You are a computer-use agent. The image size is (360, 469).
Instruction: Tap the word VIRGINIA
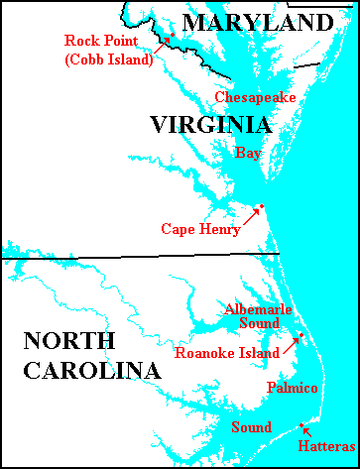coord(210,125)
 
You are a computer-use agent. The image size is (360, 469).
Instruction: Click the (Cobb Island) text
coord(109,59)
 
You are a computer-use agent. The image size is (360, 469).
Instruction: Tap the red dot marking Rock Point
coord(171,37)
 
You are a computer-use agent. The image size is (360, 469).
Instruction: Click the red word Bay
coord(248,152)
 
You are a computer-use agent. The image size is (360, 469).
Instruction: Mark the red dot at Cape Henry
coord(261,207)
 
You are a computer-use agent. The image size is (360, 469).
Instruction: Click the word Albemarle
coord(258,309)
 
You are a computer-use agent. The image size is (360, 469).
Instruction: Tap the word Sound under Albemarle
coord(260,323)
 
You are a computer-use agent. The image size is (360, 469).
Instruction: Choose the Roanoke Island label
coord(226,352)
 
